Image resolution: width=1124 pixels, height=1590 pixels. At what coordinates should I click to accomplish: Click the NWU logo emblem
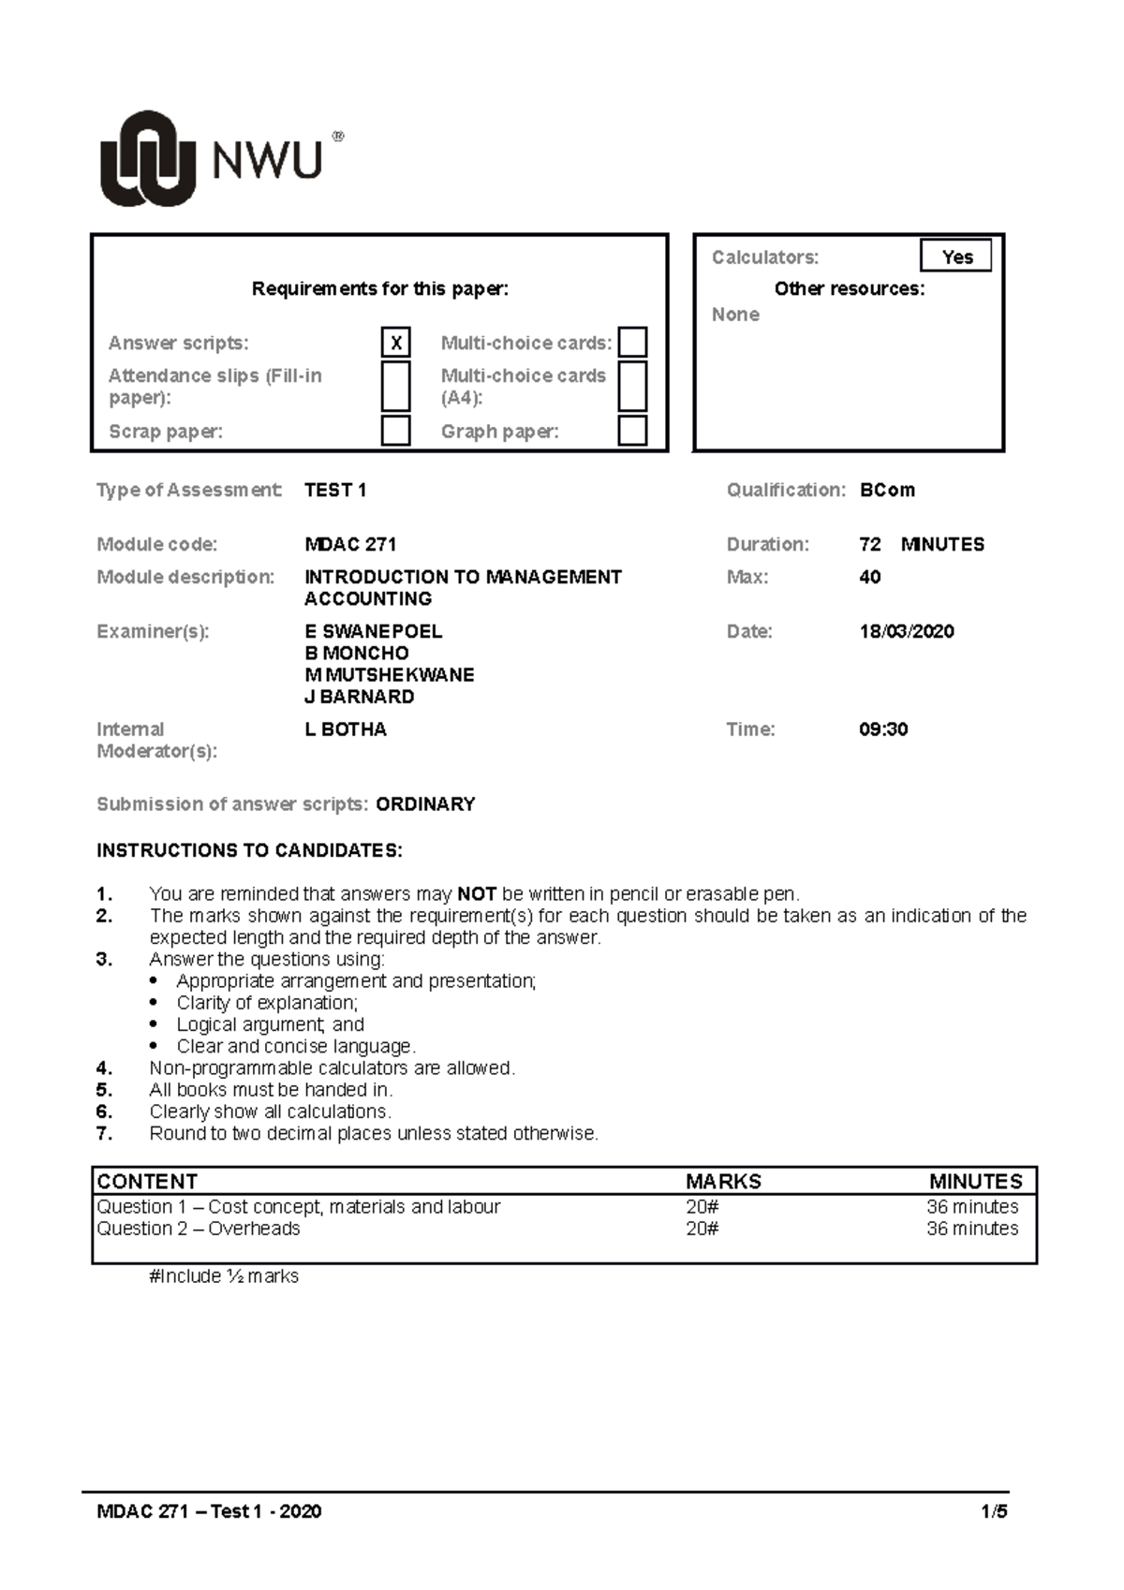click(x=147, y=158)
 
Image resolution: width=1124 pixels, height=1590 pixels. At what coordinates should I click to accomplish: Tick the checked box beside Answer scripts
click(x=396, y=343)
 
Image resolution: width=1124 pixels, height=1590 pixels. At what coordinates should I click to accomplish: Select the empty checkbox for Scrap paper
click(x=396, y=431)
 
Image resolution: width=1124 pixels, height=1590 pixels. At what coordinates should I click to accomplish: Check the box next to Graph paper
click(x=633, y=431)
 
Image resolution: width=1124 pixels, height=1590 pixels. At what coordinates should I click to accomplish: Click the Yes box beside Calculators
click(x=956, y=257)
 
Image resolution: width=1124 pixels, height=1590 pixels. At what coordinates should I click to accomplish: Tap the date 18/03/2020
click(x=906, y=631)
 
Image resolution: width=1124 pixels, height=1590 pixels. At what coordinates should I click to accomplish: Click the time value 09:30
click(x=883, y=729)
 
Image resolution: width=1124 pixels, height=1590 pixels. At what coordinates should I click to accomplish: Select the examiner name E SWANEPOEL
click(x=373, y=631)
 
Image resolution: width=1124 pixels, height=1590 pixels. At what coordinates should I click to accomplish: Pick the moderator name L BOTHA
click(x=346, y=729)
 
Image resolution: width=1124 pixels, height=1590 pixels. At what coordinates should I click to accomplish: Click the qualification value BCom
click(x=887, y=490)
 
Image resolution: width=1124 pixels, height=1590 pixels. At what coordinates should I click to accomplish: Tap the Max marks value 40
click(x=869, y=577)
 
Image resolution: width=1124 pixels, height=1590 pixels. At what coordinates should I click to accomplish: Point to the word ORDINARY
click(x=425, y=803)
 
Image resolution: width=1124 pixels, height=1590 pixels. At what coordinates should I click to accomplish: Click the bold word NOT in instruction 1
click(x=477, y=893)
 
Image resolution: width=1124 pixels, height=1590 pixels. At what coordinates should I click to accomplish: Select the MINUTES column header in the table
click(x=975, y=1181)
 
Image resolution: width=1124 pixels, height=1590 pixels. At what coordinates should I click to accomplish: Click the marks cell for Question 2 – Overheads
click(x=702, y=1229)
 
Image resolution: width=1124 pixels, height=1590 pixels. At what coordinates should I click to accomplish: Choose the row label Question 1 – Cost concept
click(x=298, y=1206)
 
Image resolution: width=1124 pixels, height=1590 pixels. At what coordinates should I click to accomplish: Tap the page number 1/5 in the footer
click(x=994, y=1510)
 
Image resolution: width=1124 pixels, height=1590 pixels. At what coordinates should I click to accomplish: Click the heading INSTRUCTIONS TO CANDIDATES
click(x=249, y=850)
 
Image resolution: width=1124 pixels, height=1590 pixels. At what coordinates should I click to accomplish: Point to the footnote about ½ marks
click(x=224, y=1275)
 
